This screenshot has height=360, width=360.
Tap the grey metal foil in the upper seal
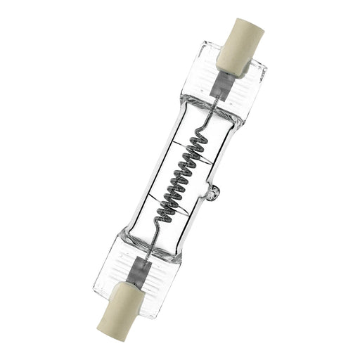point(219,85)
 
